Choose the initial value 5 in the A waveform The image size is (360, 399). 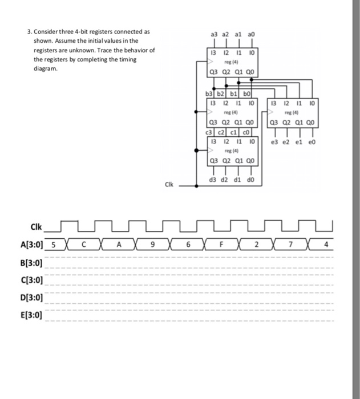[53, 246]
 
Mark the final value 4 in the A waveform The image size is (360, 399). [325, 246]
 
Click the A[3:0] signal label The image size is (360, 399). [30, 246]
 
